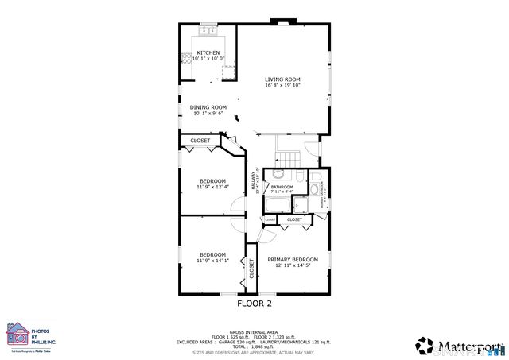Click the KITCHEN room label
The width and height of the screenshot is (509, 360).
coord(197,53)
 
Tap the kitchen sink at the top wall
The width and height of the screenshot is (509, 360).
coord(208,31)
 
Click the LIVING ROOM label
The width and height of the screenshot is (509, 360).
coord(282,79)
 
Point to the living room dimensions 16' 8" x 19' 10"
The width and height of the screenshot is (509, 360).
coord(282,85)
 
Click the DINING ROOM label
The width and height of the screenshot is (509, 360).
coord(208,107)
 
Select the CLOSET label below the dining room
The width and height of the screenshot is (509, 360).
coord(200,141)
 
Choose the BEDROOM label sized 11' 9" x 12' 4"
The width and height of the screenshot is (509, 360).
coord(212,180)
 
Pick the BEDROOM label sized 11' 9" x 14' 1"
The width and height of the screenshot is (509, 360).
coord(212,254)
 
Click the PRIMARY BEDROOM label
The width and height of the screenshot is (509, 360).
coord(293,260)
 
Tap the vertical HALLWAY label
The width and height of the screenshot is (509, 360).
coord(255,183)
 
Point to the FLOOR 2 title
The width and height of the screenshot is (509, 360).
coord(254,303)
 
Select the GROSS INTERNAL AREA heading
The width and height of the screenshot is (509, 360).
coord(254,332)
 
